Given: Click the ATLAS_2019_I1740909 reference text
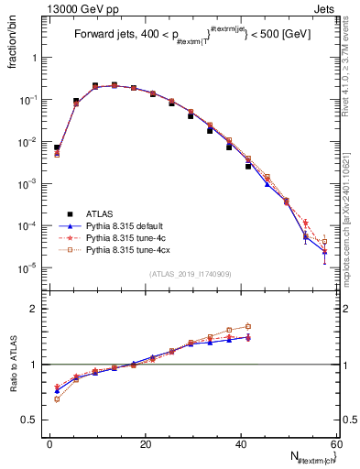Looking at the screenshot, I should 190,274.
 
